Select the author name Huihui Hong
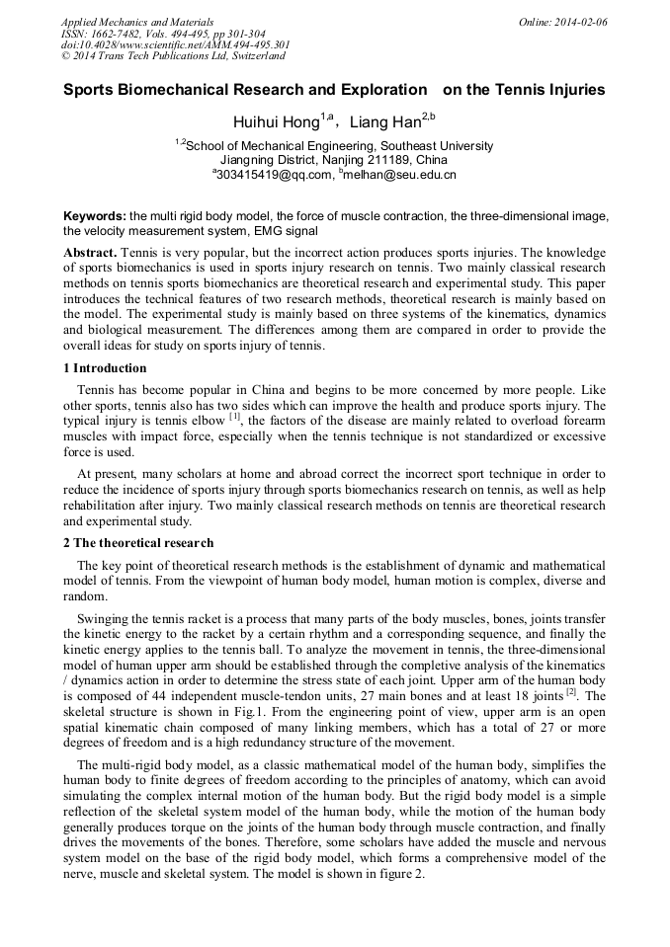point(277,123)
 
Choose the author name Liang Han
point(385,123)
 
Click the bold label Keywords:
point(95,216)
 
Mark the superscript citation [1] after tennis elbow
point(235,417)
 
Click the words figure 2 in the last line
point(403,873)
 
